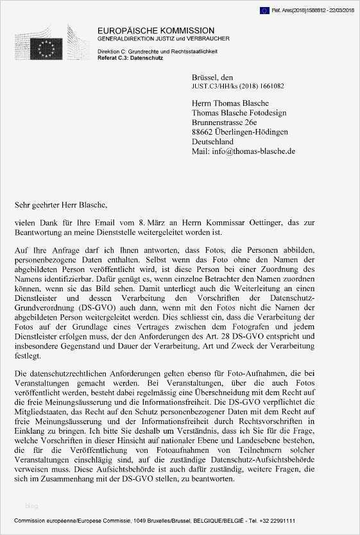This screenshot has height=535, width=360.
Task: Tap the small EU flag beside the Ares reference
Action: tap(264, 10)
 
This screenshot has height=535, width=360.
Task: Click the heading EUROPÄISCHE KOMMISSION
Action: tap(156, 31)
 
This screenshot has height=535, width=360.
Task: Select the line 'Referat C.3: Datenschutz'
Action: tap(130, 58)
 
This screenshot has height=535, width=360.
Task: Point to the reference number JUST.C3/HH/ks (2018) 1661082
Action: tap(237, 85)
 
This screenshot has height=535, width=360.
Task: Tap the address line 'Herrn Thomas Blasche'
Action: tap(230, 103)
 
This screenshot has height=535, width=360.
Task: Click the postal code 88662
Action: tap(204, 132)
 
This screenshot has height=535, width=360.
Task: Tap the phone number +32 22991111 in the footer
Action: tap(279, 521)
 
